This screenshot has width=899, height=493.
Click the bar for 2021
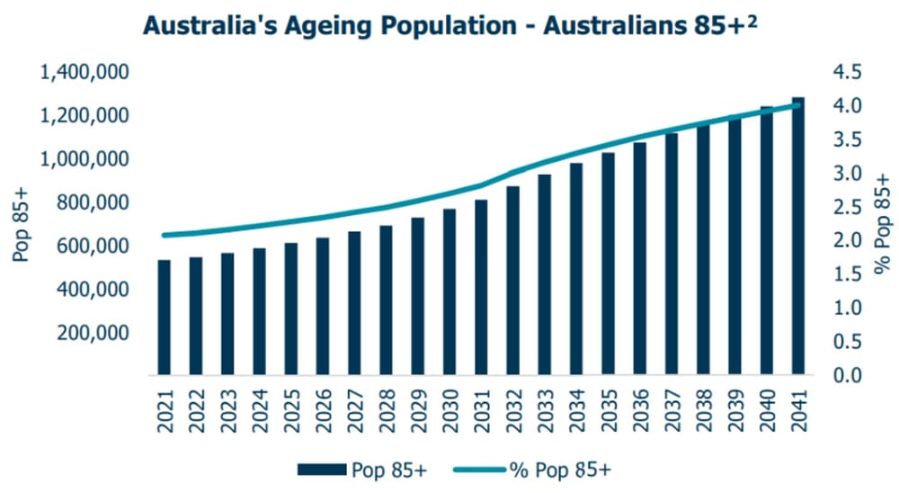(x=164, y=317)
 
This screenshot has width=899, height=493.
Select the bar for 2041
(x=797, y=236)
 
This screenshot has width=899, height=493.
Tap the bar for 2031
(x=481, y=286)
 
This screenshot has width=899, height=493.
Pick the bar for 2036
(x=639, y=258)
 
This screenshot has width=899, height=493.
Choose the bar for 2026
(x=322, y=306)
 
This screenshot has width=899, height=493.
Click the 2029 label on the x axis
(x=417, y=410)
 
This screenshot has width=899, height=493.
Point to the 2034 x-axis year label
(x=575, y=410)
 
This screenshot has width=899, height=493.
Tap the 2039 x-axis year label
(x=734, y=410)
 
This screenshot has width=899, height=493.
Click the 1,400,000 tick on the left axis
(x=86, y=73)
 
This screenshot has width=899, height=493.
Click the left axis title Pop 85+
(x=20, y=224)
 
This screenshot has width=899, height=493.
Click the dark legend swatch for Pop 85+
(x=320, y=470)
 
